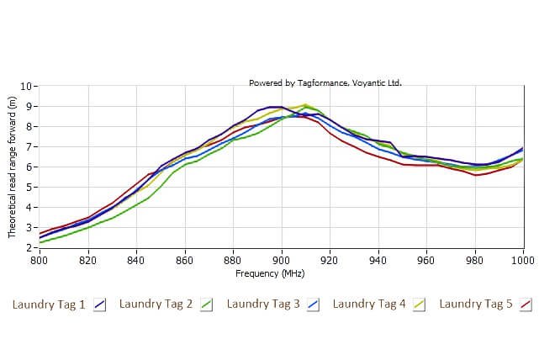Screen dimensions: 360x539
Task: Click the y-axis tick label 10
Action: coord(27,86)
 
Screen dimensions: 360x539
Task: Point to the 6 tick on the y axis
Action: coord(29,167)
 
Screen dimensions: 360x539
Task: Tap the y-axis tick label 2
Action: coord(29,248)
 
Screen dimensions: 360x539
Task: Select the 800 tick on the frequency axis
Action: coord(40,261)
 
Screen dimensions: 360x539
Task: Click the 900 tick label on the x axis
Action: coord(282,261)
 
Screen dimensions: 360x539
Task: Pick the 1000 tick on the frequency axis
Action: coord(522,261)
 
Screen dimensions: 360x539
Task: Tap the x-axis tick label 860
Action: coord(185,261)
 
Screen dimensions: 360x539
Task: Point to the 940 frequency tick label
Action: coord(378,261)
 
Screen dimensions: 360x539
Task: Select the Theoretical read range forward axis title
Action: coord(13,167)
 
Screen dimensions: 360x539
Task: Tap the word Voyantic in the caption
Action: coord(364,82)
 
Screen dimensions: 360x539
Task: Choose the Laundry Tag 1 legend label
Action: coord(49,304)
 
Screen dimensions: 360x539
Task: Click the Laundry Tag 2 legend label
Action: coord(156,304)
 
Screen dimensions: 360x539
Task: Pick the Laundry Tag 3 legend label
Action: coord(263,304)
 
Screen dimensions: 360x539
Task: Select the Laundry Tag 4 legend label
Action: coord(369,304)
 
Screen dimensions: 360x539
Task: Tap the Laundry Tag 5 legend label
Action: coord(476,304)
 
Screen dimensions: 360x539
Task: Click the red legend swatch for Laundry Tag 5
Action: coord(526,304)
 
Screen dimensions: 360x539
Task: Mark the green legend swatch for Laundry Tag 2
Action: coord(206,304)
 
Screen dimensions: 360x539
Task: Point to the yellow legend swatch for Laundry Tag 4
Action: coord(419,304)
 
